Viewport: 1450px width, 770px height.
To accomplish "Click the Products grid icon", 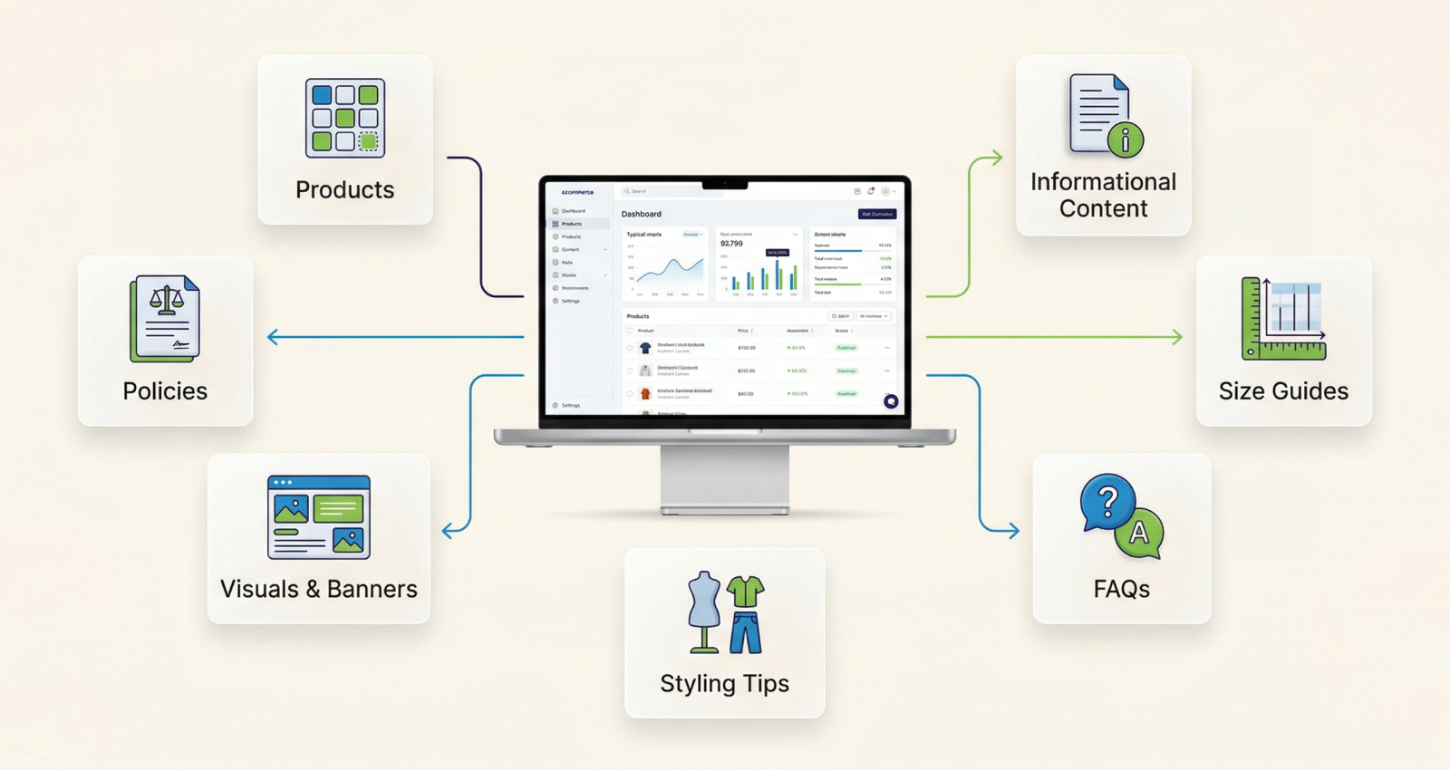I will [345, 118].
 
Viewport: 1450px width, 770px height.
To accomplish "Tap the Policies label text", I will [165, 390].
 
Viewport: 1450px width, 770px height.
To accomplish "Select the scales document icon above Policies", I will [165, 318].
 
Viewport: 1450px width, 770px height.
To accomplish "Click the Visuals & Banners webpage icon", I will [319, 516].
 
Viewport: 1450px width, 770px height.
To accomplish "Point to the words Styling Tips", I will [724, 683].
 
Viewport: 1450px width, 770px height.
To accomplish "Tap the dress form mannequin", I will [703, 611].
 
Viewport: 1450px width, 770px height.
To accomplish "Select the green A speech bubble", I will [1139, 533].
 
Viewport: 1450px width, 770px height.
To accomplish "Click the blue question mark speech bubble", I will [1107, 501].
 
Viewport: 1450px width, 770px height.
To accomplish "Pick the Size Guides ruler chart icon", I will [1283, 318].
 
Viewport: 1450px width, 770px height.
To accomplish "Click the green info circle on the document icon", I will [1126, 140].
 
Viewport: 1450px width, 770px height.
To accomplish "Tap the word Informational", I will [1103, 182].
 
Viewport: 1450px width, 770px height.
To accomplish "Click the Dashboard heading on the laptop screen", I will [642, 214].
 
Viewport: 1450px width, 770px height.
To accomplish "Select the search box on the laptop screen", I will [662, 191].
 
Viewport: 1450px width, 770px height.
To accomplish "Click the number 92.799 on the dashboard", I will [731, 244].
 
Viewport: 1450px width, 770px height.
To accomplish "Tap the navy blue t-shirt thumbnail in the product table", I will [645, 348].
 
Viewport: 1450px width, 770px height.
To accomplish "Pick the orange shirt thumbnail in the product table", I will [645, 394].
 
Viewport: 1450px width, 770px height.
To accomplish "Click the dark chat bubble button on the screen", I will [891, 401].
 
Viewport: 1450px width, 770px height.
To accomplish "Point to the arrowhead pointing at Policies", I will [273, 337].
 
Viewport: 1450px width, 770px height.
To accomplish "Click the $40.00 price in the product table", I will [746, 394].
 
